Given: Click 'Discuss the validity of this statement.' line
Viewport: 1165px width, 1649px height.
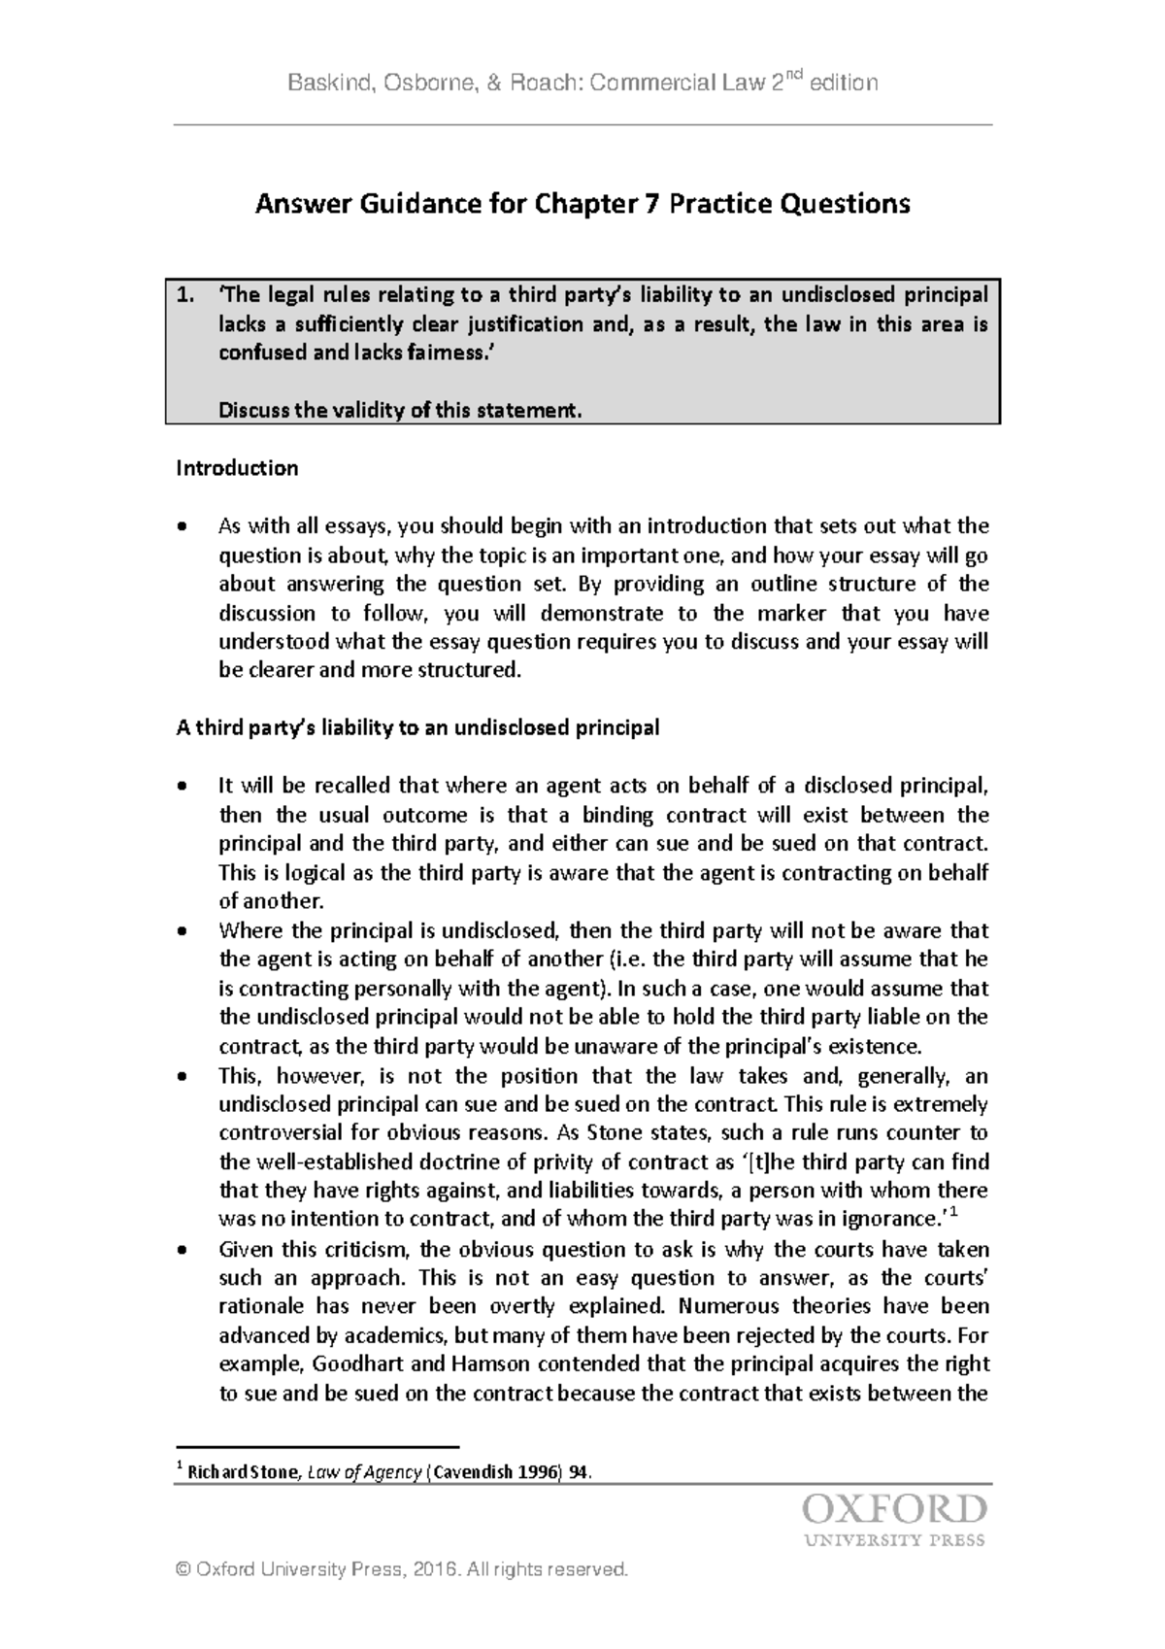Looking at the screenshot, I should pos(400,411).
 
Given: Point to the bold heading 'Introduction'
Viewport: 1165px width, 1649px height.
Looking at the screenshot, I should pos(236,469).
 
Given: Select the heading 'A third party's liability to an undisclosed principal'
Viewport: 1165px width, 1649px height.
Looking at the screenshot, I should pos(417,728).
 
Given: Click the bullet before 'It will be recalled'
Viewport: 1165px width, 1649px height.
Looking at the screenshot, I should pos(182,788).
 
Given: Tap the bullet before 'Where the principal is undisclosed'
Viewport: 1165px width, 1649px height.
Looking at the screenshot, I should pos(182,932).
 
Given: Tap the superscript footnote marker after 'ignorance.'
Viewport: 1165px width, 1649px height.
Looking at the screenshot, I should pos(954,1212).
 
